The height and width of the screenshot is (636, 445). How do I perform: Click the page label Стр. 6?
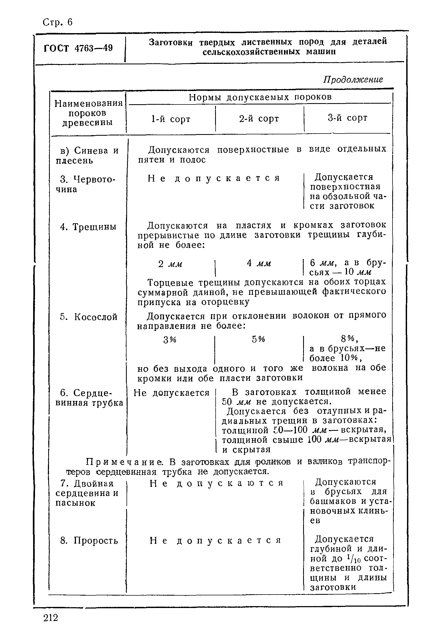click(58, 22)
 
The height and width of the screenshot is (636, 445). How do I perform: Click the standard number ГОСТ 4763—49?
click(78, 48)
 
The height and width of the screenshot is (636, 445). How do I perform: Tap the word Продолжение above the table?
click(353, 79)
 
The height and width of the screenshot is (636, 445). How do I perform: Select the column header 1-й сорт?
click(171, 119)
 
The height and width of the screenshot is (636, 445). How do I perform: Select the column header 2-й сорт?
click(259, 118)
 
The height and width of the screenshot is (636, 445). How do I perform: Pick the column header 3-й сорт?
click(348, 118)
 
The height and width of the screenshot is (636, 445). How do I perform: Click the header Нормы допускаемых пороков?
click(260, 97)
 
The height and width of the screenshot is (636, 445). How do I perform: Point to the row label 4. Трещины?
click(88, 227)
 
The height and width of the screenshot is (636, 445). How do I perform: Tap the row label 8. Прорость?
click(89, 540)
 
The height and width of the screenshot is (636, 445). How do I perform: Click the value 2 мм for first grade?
click(170, 264)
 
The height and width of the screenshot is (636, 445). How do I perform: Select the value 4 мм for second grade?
click(259, 263)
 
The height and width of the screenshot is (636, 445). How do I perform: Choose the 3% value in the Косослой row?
click(170, 340)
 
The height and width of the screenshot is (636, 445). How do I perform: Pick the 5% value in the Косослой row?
click(258, 339)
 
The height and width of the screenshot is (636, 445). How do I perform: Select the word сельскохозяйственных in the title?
click(251, 52)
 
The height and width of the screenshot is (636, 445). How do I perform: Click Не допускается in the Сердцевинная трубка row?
click(171, 393)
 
